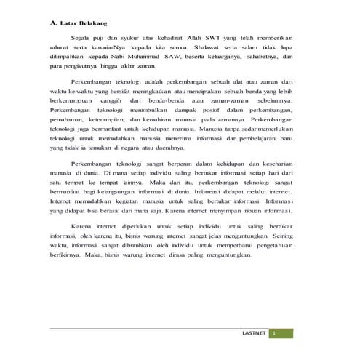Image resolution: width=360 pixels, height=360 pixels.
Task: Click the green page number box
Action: [276, 333]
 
